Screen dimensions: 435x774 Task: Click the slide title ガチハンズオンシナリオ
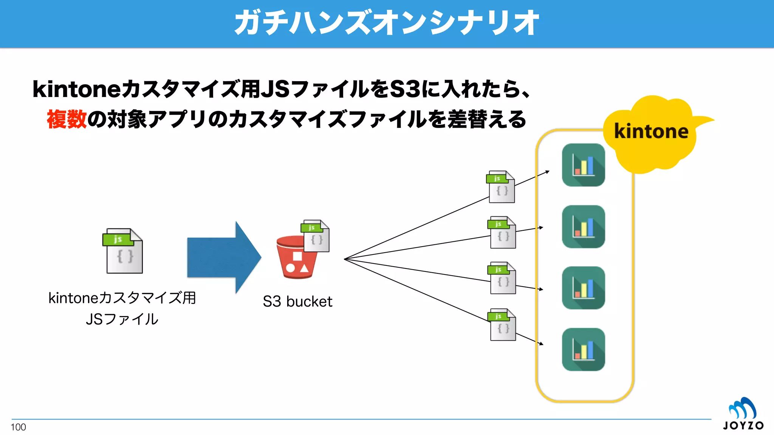[387, 23]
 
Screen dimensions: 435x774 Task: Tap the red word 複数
[67, 119]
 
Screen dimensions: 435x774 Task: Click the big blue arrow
[224, 258]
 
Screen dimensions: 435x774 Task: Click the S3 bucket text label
[297, 302]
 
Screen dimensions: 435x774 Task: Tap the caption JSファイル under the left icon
[122, 319]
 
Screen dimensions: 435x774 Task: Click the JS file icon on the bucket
[315, 236]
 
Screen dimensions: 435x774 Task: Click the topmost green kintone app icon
[583, 165]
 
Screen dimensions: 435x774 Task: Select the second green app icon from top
[583, 227]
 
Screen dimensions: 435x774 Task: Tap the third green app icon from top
[583, 288]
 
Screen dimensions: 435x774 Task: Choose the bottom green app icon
[583, 349]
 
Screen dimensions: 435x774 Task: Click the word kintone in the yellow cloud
[651, 131]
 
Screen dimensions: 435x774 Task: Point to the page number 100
[18, 427]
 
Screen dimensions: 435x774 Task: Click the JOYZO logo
[743, 415]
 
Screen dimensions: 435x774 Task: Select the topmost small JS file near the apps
[501, 187]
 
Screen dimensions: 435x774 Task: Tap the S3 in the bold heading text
[405, 89]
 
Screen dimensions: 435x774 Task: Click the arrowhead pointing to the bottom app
[541, 344]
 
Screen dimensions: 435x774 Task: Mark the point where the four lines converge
[344, 259]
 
